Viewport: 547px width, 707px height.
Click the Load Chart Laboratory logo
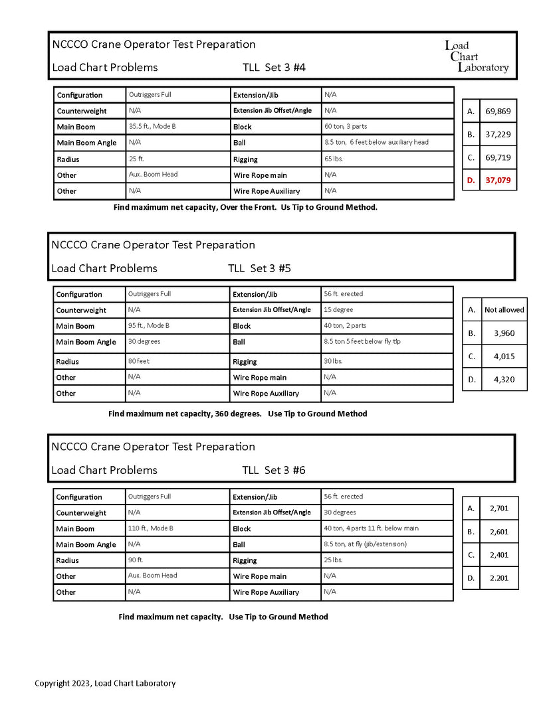click(x=476, y=56)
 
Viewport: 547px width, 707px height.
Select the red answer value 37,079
click(x=502, y=180)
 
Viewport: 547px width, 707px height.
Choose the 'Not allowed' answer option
click(x=504, y=309)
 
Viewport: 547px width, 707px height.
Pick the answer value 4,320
click(x=504, y=379)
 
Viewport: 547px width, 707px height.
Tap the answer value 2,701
click(x=498, y=508)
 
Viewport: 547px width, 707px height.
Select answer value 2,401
click(x=498, y=554)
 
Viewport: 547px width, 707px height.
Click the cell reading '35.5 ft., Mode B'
click(x=152, y=126)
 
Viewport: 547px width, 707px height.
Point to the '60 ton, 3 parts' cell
click(x=345, y=126)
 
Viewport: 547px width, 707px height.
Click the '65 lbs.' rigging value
click(x=335, y=159)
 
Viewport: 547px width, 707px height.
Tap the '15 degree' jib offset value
click(x=338, y=309)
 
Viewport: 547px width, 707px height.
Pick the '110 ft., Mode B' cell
click(x=150, y=528)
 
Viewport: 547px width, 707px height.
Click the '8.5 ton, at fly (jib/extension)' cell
click(x=365, y=544)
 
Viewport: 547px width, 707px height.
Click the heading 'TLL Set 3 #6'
click(x=274, y=470)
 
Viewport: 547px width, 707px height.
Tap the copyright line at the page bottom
click(x=105, y=683)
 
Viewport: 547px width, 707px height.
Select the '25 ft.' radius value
click(x=136, y=159)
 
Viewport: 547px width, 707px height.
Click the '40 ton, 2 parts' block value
click(x=344, y=325)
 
